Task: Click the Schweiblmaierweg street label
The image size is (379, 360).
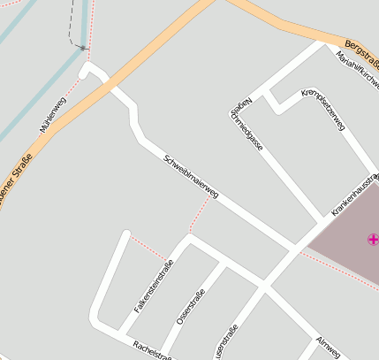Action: tap(191, 176)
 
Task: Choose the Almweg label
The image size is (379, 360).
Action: tap(328, 347)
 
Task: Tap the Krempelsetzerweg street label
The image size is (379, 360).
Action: tap(323, 110)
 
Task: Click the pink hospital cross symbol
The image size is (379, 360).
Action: tap(373, 238)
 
